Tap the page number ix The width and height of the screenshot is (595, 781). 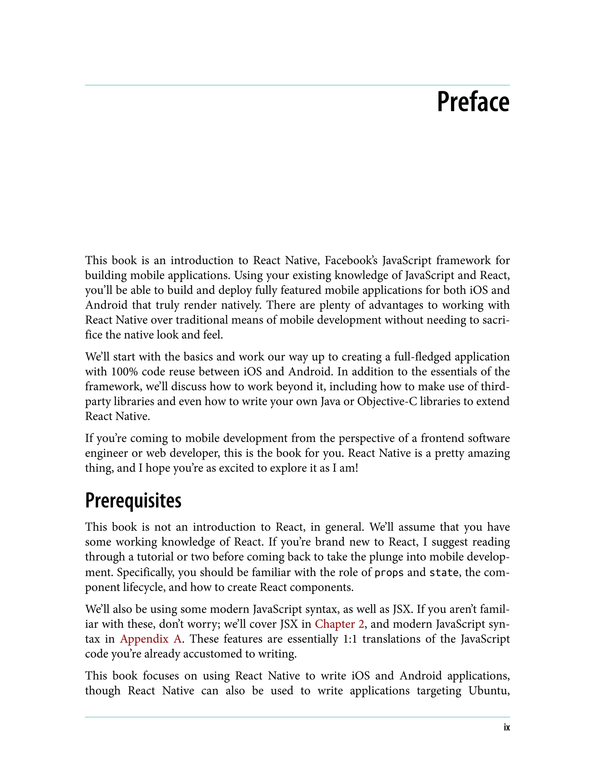(x=506, y=728)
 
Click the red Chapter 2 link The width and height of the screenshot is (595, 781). (x=339, y=624)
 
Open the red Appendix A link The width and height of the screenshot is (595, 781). (x=150, y=639)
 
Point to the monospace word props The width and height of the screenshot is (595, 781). (x=389, y=573)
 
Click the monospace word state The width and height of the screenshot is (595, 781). (x=443, y=573)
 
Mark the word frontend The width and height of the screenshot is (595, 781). (x=442, y=438)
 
